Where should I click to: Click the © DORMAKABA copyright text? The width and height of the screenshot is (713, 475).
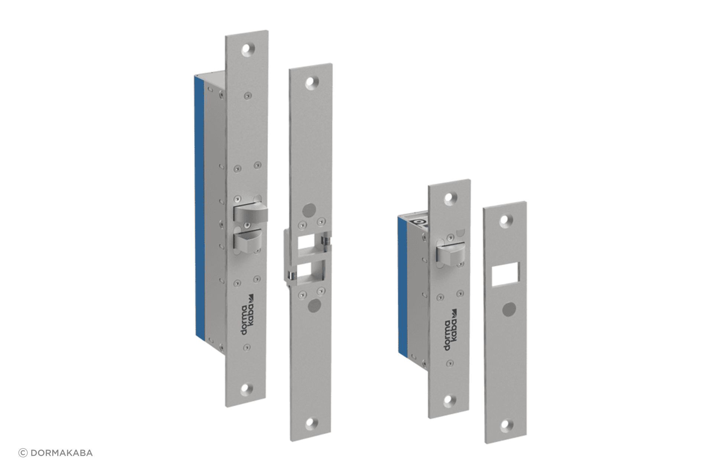[56, 453]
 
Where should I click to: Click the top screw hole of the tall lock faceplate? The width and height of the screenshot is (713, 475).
[247, 51]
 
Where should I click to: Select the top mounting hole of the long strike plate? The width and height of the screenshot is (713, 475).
[310, 83]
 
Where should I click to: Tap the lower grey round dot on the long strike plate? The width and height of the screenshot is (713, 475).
[314, 305]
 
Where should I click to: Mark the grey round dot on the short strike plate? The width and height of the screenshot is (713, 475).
[508, 309]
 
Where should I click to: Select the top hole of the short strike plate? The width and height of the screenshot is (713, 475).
[505, 221]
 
